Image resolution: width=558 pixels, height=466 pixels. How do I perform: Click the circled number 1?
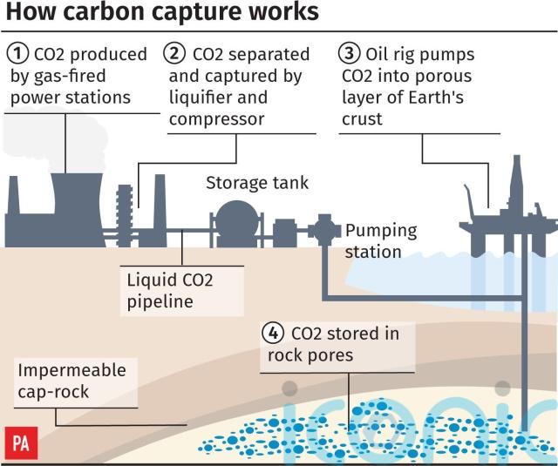[x=17, y=54]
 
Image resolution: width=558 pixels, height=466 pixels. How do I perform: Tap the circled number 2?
[x=174, y=53]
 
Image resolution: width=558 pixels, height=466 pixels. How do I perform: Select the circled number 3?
[x=349, y=53]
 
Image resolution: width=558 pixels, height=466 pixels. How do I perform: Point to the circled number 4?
[x=273, y=333]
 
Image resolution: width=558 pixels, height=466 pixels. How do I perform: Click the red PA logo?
[x=21, y=442]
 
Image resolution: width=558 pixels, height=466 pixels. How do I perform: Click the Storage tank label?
[x=257, y=183]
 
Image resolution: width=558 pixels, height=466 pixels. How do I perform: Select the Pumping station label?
[x=381, y=241]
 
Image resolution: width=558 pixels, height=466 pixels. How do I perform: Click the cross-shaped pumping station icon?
[x=324, y=230]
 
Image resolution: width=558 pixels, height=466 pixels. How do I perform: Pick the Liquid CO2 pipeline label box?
[x=182, y=291]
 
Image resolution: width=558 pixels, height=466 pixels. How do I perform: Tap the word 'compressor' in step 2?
[x=217, y=119]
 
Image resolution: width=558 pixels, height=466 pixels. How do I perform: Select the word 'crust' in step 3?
[x=362, y=119]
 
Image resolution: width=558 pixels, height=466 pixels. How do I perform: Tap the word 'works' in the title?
[x=283, y=11]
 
